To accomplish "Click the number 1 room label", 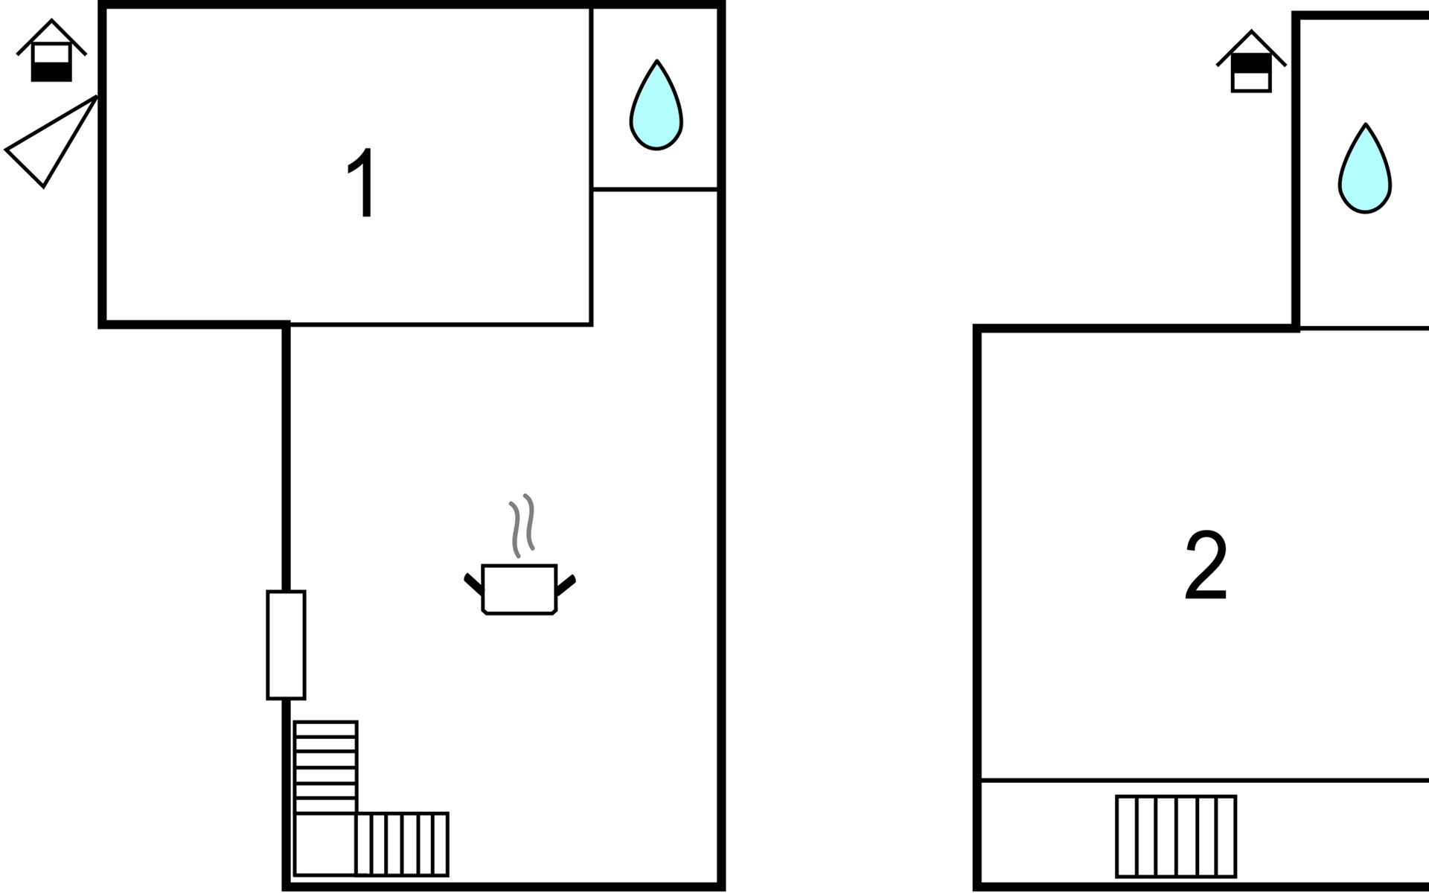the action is tap(362, 182).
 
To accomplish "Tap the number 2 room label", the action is tap(1206, 565).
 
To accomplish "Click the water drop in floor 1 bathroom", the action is tap(656, 105).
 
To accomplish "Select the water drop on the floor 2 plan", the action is tap(1365, 168).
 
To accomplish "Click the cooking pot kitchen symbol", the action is tap(520, 589).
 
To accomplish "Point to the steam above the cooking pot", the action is tap(522, 525).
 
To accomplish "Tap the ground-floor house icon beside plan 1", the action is tap(51, 51).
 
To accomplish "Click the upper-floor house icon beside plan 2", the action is tap(1251, 62).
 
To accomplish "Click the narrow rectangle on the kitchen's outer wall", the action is tap(286, 645).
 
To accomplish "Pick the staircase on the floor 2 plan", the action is tap(1176, 836).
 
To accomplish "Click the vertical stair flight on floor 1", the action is tap(326, 767).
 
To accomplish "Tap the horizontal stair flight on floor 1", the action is tap(403, 845).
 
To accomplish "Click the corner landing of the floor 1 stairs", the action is tap(325, 845).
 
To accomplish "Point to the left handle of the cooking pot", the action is tap(473, 584).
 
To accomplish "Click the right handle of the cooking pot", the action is tap(566, 585).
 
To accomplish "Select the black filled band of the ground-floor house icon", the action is tap(51, 72).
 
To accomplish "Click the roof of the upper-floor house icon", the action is tap(1251, 48).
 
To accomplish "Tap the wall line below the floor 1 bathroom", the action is tap(655, 190).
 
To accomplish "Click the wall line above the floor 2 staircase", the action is tap(1204, 781).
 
